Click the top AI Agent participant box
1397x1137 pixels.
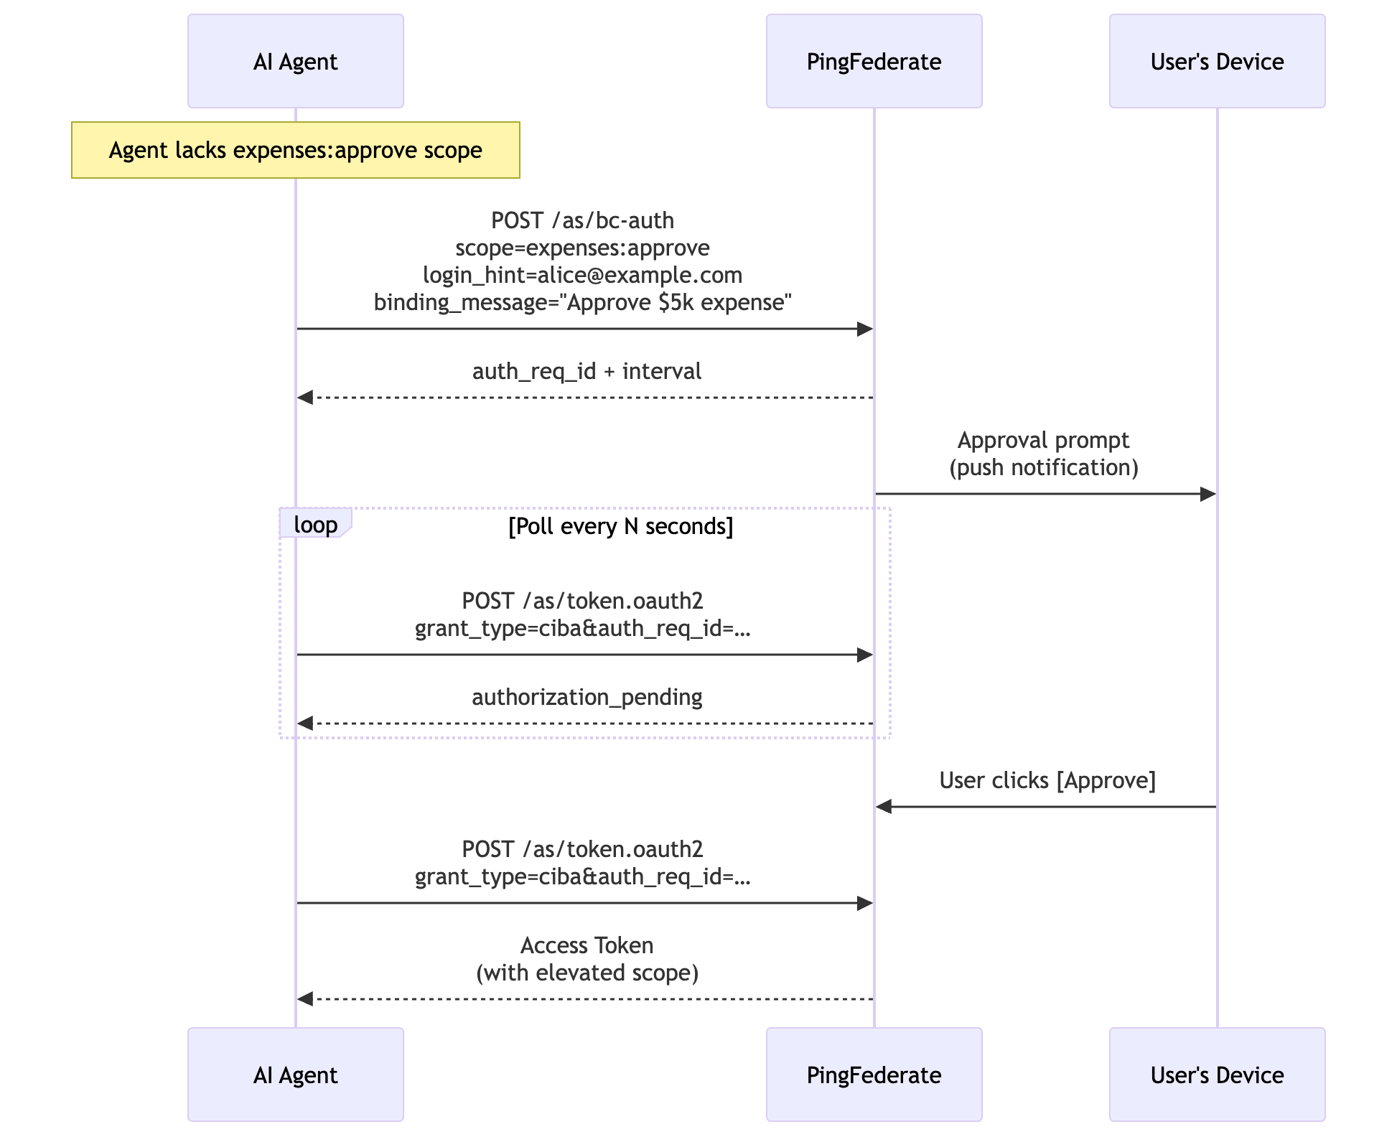295,61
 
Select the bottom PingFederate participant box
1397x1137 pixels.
874,1075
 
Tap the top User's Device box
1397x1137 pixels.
1217,61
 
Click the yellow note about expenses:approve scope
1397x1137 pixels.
295,150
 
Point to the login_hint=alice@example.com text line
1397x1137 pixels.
582,275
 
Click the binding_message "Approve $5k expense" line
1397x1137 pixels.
582,302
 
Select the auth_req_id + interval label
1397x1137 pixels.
587,371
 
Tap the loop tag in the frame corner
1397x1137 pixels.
315,525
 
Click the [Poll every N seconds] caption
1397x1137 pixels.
620,526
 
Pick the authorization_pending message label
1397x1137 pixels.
587,697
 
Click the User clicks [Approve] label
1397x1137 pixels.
1047,780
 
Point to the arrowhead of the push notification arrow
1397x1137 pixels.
1208,494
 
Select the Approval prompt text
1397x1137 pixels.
1043,440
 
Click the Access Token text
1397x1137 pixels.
587,945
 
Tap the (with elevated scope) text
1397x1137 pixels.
587,973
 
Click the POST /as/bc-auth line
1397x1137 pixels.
582,220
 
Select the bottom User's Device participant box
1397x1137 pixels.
1217,1075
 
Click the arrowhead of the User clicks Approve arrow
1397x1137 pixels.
884,807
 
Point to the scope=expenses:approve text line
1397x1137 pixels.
582,248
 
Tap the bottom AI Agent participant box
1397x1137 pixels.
295,1075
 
